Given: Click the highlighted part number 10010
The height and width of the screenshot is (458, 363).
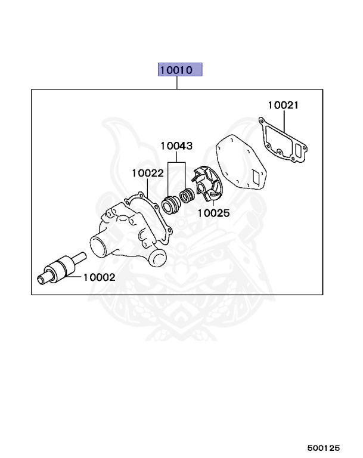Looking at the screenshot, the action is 180,70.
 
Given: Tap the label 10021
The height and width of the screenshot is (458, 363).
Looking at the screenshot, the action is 283,106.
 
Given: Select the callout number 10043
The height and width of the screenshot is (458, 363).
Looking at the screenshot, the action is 176,146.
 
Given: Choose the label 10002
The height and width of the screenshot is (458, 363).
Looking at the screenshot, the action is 99,277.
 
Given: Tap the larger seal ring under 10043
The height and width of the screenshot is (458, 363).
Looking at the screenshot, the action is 172,204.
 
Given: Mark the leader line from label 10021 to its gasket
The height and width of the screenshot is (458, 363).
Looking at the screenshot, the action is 284,122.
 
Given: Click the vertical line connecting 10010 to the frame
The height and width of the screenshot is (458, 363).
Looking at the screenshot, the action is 178,83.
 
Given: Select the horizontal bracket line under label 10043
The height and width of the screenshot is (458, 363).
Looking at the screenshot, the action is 176,162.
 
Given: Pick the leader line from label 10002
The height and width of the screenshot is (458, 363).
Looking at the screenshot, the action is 75,277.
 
